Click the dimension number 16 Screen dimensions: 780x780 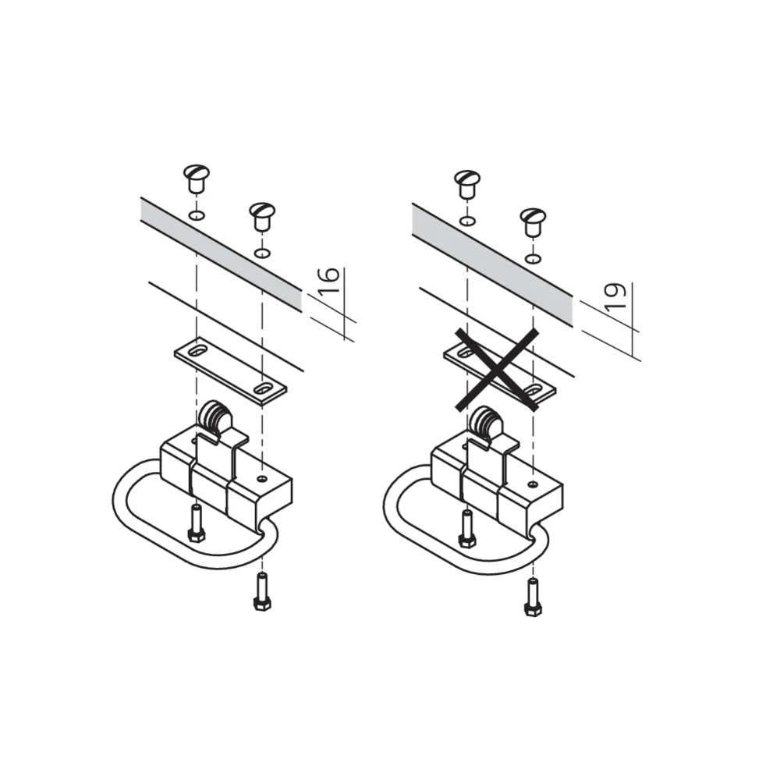(329, 280)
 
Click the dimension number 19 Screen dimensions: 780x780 (616, 297)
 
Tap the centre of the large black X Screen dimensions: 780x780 (497, 370)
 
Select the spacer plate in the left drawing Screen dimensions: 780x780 (230, 370)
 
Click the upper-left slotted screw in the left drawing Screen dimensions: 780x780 (197, 179)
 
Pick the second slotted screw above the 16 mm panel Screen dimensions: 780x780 (261, 216)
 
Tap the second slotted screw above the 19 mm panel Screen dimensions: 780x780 (533, 222)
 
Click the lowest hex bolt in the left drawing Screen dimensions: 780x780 (262, 592)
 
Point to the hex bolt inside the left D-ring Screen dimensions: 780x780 (196, 523)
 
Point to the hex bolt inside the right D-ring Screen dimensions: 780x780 (467, 528)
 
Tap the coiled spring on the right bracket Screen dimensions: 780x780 (487, 422)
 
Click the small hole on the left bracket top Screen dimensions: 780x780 (262, 479)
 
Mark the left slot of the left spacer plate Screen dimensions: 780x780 (197, 351)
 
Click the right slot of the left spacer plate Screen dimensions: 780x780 (262, 387)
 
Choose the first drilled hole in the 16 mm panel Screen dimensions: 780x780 (197, 216)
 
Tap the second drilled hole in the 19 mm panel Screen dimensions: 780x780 (533, 259)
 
